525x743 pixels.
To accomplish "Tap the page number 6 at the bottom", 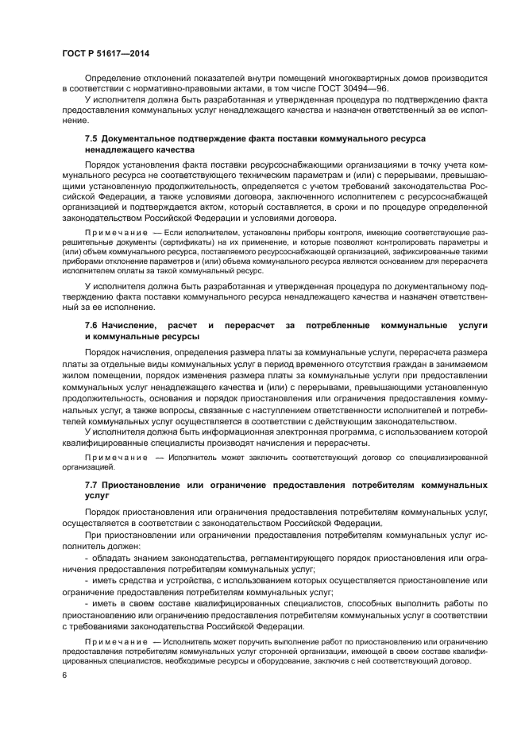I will (64, 675).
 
